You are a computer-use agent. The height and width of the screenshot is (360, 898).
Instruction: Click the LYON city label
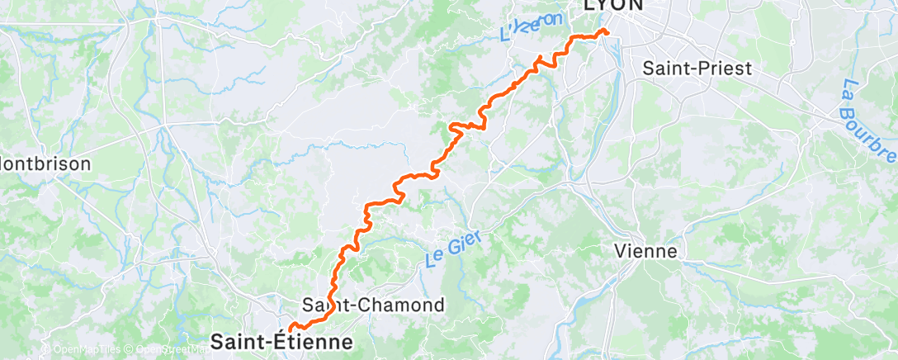pos(615,5)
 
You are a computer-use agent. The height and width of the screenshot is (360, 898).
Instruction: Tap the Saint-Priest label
pos(697,68)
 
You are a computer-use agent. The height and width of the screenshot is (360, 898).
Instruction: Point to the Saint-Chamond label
pos(374,305)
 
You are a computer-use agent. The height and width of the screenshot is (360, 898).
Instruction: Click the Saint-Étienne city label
pos(281,340)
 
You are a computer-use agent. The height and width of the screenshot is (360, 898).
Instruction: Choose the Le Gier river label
pos(452,248)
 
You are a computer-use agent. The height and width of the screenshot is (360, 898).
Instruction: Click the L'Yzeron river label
pos(532,27)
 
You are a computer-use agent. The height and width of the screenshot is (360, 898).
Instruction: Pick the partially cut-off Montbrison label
pos(45,163)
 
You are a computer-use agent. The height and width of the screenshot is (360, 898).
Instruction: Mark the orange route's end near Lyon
pos(606,31)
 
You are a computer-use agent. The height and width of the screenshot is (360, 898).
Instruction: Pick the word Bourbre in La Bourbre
pos(873,128)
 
